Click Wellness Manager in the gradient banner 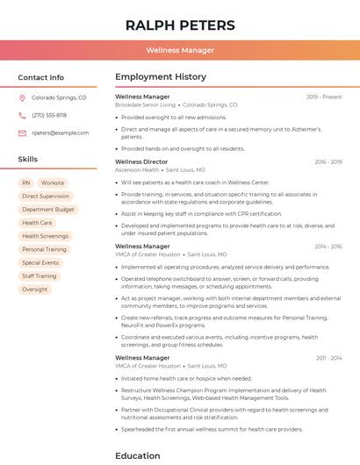[180, 50]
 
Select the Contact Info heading [41, 77]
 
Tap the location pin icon [22, 98]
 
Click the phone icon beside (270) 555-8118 [22, 115]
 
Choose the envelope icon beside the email [22, 133]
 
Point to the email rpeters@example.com [61, 133]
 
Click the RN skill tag [26, 183]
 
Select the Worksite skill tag [53, 183]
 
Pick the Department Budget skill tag [48, 210]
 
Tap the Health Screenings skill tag [45, 236]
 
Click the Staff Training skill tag [40, 275]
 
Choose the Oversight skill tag [35, 289]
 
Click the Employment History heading [161, 77]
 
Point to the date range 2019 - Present [324, 97]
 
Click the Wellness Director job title [140, 162]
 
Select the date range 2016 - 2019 [328, 162]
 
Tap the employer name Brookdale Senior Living [146, 104]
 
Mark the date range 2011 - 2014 [328, 358]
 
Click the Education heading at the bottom [138, 455]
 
